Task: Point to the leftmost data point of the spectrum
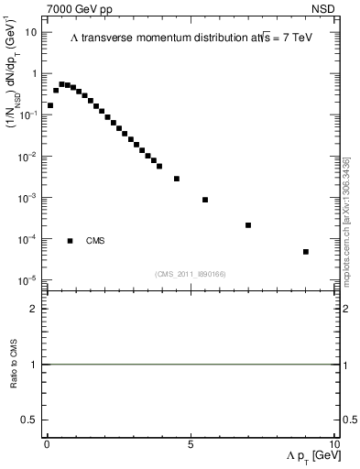tap(49, 105)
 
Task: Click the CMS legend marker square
tap(71, 241)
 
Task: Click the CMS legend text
tap(95, 241)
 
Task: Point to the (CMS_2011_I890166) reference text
tap(191, 273)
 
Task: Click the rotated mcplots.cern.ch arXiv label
tap(346, 220)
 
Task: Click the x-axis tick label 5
tap(191, 443)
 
